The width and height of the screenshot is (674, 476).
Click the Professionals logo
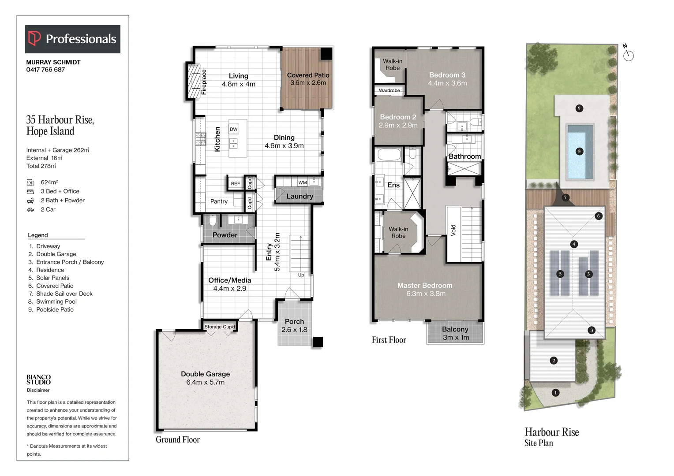tap(72, 39)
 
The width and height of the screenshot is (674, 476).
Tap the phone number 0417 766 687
tap(45, 70)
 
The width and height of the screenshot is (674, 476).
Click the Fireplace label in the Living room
tap(204, 82)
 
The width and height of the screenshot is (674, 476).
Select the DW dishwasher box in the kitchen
tap(234, 129)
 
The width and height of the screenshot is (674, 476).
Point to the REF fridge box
tap(235, 183)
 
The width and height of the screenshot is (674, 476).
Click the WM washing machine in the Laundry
tap(303, 182)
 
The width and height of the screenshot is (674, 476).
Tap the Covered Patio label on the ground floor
tap(308, 75)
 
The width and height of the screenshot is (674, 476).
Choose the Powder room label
tap(225, 235)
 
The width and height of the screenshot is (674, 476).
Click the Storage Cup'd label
tap(220, 327)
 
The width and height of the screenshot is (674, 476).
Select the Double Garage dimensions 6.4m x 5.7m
tap(206, 382)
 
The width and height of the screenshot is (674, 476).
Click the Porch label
tap(294, 321)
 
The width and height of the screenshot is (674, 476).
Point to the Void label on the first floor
tap(453, 230)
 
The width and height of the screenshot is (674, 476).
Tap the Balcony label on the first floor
tap(455, 329)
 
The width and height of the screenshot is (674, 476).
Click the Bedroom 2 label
tap(398, 117)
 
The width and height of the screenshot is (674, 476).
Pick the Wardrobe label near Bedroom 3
tap(389, 90)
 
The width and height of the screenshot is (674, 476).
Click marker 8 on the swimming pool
tap(579, 151)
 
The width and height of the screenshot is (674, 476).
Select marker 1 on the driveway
tap(555, 392)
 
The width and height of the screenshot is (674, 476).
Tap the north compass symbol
tap(628, 53)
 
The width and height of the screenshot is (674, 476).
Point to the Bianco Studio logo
tap(38, 380)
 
